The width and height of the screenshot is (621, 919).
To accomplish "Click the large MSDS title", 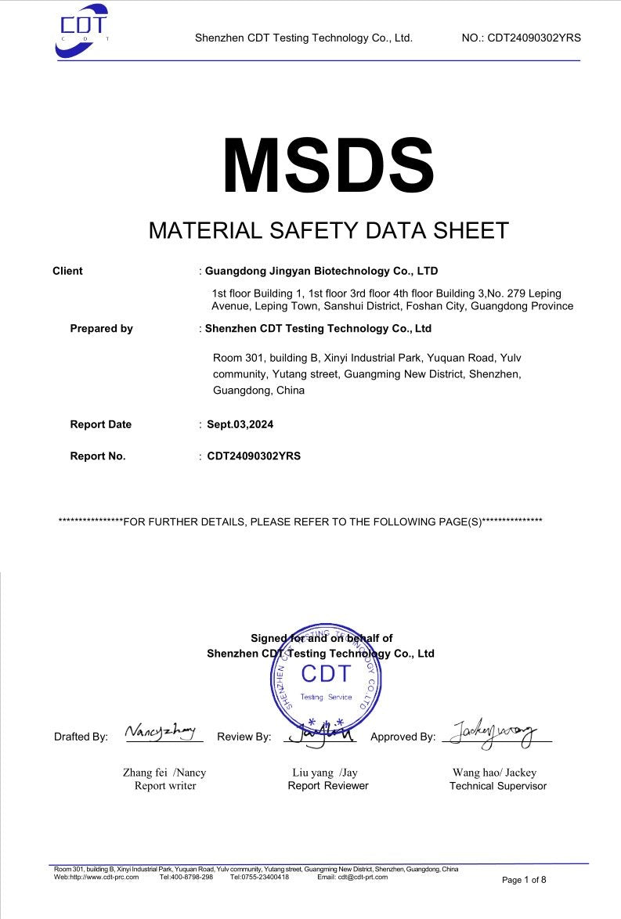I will (327, 165).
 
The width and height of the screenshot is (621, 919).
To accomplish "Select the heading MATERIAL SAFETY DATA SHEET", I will (328, 230).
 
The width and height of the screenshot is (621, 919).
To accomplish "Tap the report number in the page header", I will (522, 38).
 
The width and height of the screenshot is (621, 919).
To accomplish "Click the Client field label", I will (67, 271).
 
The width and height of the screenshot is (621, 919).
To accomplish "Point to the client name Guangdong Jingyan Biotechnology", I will (321, 271).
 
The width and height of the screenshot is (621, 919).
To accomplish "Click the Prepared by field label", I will (101, 329).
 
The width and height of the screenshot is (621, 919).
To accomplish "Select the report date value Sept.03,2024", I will (240, 424).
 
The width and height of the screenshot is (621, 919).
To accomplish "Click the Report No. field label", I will (97, 456).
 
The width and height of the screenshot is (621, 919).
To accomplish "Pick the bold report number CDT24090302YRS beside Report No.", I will (254, 456).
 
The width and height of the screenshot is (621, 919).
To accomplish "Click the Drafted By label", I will (81, 737).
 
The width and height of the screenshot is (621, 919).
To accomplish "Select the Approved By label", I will (403, 737).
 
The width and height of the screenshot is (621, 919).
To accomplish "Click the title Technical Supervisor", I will (498, 786).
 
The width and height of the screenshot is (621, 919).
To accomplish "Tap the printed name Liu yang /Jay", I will (325, 772).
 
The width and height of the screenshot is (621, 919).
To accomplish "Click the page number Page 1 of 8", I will (524, 880).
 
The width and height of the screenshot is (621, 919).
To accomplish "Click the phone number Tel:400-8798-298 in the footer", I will (186, 878).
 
